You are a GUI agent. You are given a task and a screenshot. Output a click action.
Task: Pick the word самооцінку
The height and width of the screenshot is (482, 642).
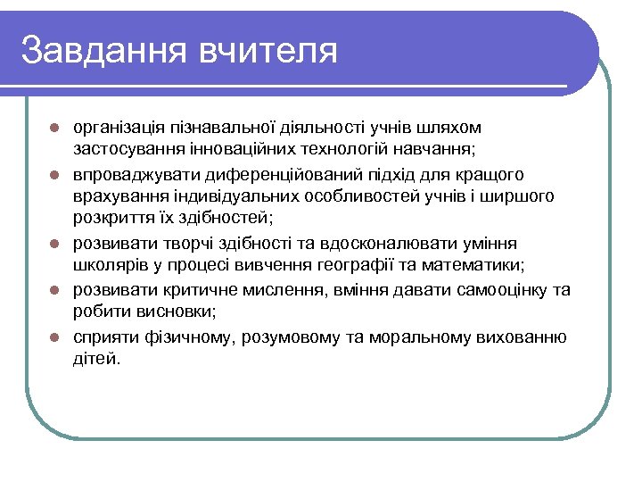pos(502,289)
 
